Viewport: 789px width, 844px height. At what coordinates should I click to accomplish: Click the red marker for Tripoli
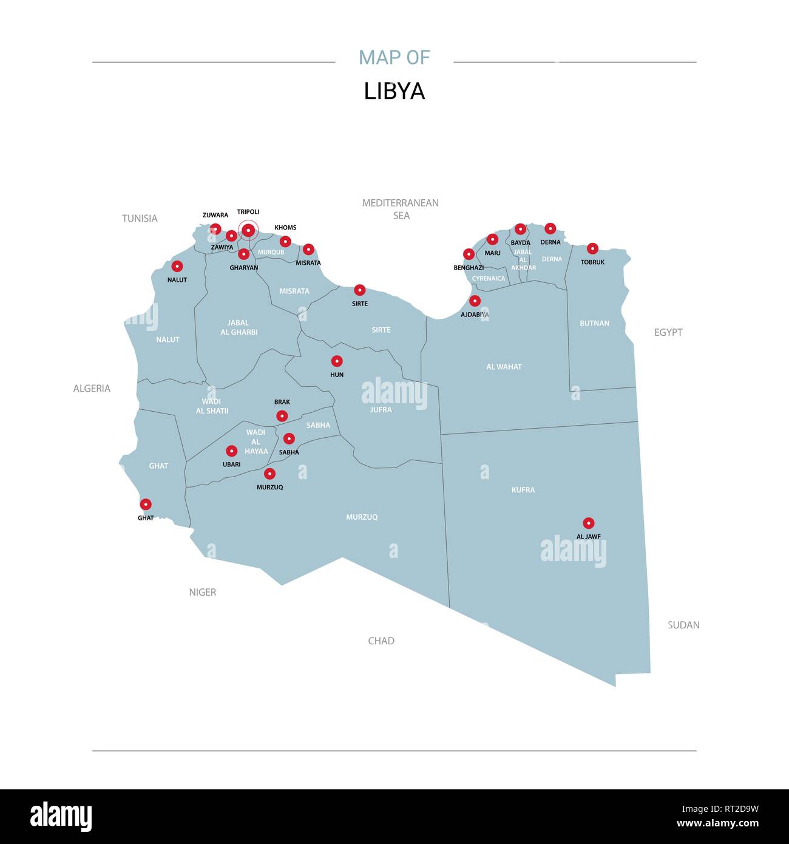[248, 230]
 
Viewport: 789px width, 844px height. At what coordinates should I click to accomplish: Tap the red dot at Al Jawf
[588, 523]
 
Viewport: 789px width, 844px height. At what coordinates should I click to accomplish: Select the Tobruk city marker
[592, 248]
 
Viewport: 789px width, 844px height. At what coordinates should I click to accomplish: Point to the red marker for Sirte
[360, 290]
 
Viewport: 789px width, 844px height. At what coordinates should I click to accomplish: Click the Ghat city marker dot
[146, 504]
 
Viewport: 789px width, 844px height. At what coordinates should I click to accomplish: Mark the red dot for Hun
[337, 361]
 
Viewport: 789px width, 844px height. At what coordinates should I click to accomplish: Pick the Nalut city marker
[177, 266]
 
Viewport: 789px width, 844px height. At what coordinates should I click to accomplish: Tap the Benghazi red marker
[469, 254]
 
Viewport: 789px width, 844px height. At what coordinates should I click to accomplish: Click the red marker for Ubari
[231, 451]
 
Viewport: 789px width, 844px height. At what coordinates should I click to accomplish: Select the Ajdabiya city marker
[475, 301]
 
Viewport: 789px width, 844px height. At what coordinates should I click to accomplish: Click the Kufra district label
[523, 489]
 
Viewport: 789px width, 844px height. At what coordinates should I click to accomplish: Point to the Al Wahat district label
[504, 367]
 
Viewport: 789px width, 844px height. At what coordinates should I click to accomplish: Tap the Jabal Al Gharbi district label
[239, 327]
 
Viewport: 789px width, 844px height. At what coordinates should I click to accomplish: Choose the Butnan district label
[594, 323]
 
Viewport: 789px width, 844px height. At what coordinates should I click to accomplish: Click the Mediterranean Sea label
[401, 209]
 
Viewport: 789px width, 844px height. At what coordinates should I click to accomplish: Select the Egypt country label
[668, 332]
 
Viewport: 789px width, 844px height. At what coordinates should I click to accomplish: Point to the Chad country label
[381, 641]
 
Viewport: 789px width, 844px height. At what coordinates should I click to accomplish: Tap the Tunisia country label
[140, 218]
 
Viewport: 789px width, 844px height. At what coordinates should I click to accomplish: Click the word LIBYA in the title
[394, 91]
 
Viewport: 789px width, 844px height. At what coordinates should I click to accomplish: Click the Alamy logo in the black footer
[61, 817]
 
